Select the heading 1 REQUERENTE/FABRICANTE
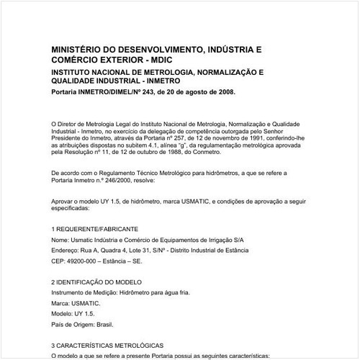[95, 228]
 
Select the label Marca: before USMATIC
[63, 303]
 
